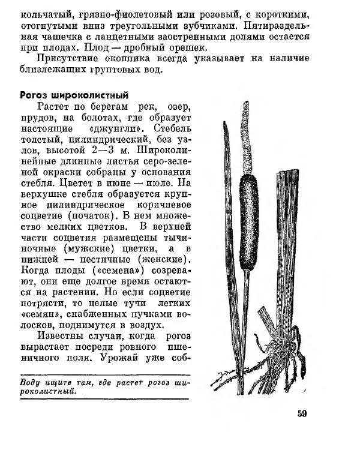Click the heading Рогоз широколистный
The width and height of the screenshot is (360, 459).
(74, 95)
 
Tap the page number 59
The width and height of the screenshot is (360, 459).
(302, 413)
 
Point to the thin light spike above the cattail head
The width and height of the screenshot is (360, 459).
(246, 135)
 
